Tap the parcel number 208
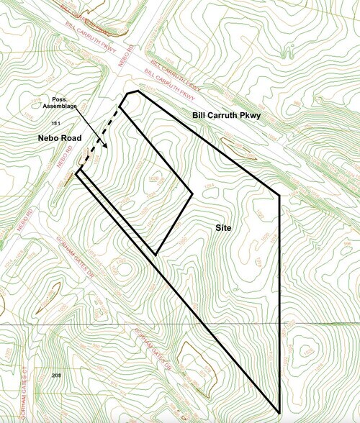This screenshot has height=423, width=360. click(57, 376)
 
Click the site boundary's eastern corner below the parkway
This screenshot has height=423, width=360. click(279, 194)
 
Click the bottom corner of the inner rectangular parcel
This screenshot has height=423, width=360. click(156, 254)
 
